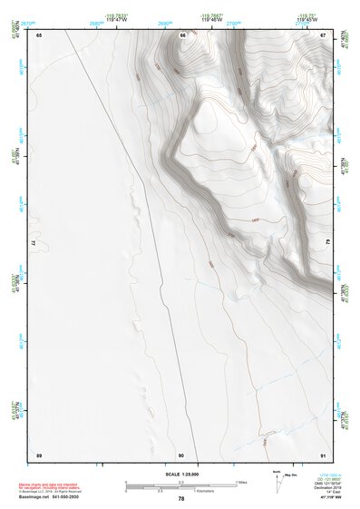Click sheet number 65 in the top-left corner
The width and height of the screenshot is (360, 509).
(x=39, y=34)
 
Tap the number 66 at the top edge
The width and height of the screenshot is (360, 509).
(x=182, y=34)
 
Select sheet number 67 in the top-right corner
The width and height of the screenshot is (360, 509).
(x=324, y=34)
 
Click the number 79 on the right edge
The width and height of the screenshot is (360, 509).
(x=327, y=242)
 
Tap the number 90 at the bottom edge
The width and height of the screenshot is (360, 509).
(x=181, y=454)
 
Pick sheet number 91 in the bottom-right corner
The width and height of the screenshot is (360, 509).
(x=324, y=454)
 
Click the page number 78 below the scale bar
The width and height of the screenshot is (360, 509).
(x=181, y=498)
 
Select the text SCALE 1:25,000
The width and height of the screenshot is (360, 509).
(x=181, y=475)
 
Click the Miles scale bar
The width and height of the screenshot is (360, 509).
(x=180, y=482)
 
